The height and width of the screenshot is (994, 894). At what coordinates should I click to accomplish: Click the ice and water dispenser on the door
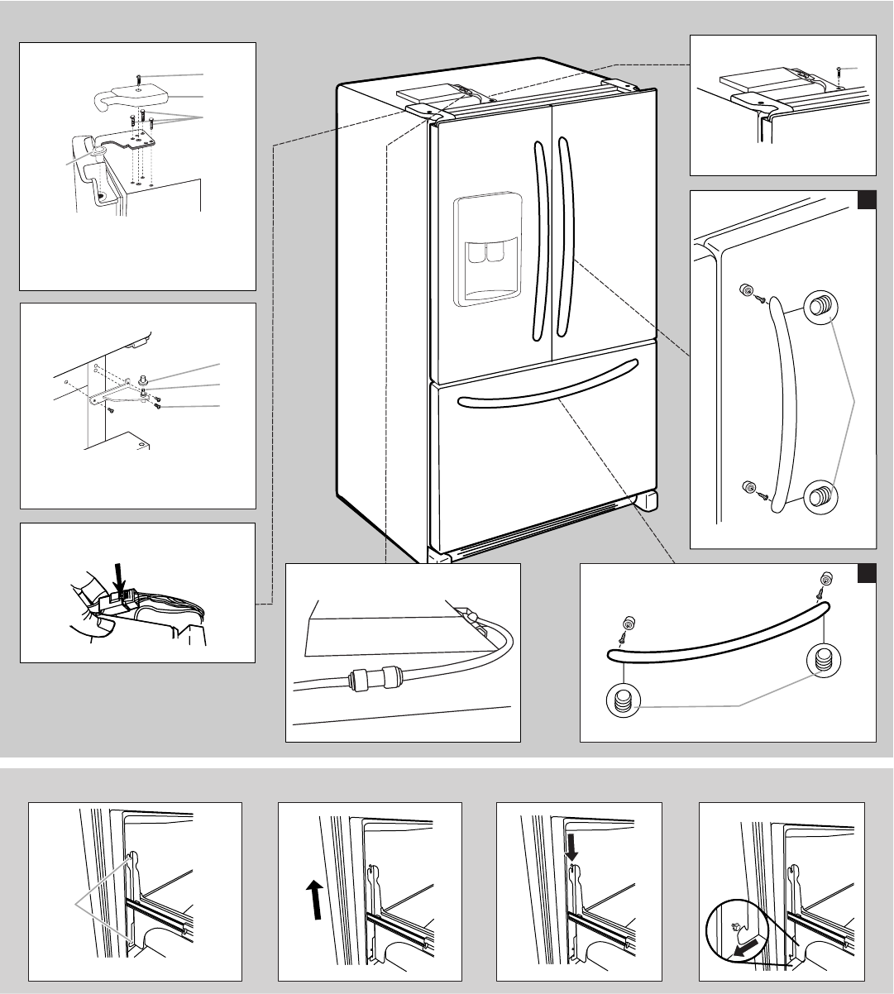(x=488, y=248)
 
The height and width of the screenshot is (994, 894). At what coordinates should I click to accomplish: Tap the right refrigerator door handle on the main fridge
(x=566, y=240)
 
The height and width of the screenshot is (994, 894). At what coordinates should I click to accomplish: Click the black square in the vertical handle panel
(x=865, y=201)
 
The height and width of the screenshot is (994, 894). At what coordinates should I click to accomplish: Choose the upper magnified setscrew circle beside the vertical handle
(x=819, y=306)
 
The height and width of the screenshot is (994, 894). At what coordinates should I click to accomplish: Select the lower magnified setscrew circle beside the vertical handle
(x=819, y=496)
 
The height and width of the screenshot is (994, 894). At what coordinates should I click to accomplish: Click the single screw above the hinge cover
(x=138, y=78)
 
